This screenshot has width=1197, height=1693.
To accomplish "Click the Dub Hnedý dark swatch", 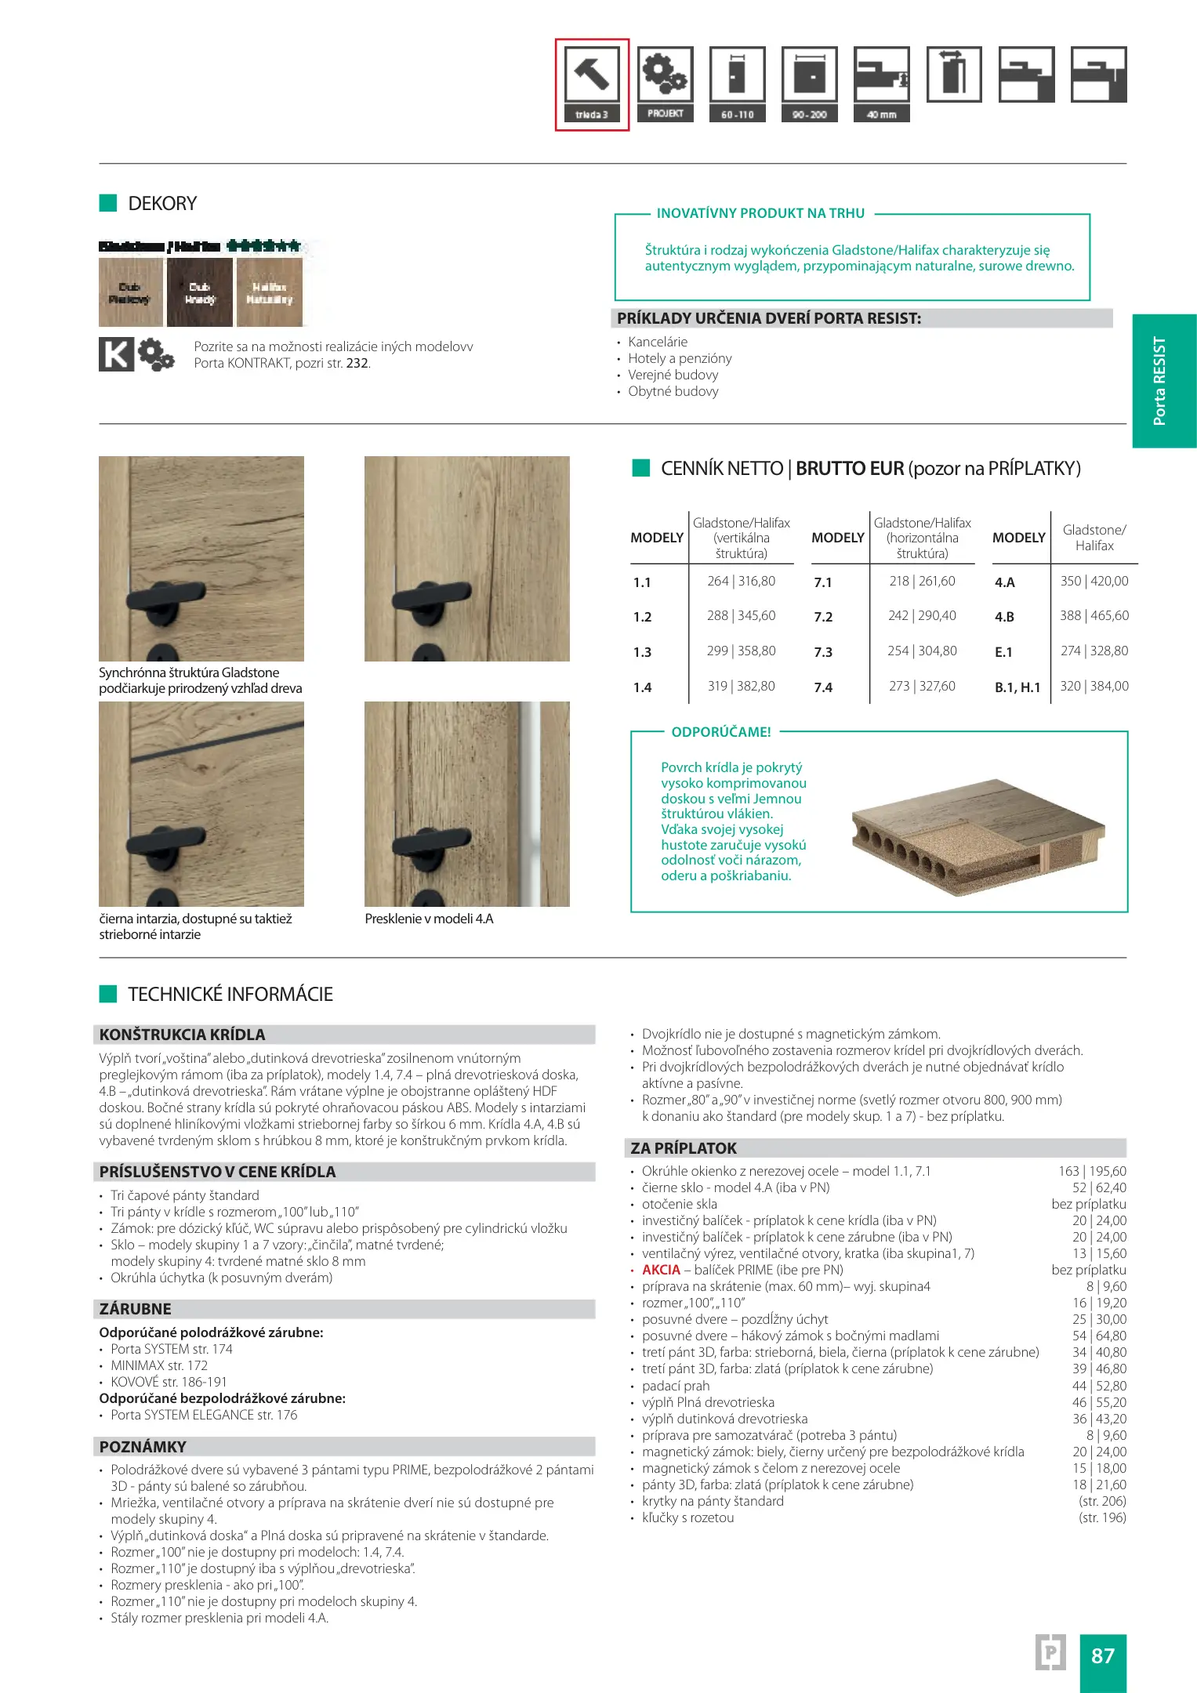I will coord(200,293).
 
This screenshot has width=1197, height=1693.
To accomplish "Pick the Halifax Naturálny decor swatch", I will coord(270,293).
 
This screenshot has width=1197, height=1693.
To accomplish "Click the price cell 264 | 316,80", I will coord(741,582).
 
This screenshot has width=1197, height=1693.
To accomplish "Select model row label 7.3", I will coord(823,652).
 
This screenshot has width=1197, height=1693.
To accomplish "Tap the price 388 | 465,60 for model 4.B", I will coord(1094,616).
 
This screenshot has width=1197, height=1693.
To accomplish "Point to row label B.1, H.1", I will coord(1017,687).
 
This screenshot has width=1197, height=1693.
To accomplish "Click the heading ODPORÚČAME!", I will coord(721,732).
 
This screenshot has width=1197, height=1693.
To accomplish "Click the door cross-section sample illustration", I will coord(978,836).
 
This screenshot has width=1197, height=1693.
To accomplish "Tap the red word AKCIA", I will coord(661,1270).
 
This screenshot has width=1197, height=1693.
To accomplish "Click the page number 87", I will coord(1103,1655).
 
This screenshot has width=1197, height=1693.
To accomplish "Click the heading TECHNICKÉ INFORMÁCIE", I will coord(230,995).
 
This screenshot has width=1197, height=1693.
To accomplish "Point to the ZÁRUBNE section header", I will coord(136,1309).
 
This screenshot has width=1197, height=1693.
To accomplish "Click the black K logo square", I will coord(116,354).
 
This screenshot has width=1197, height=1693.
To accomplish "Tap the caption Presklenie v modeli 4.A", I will coord(429,919).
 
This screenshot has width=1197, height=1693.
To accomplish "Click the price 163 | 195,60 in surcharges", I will coord(1092,1171).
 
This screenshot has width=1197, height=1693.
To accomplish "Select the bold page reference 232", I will coord(357,364).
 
